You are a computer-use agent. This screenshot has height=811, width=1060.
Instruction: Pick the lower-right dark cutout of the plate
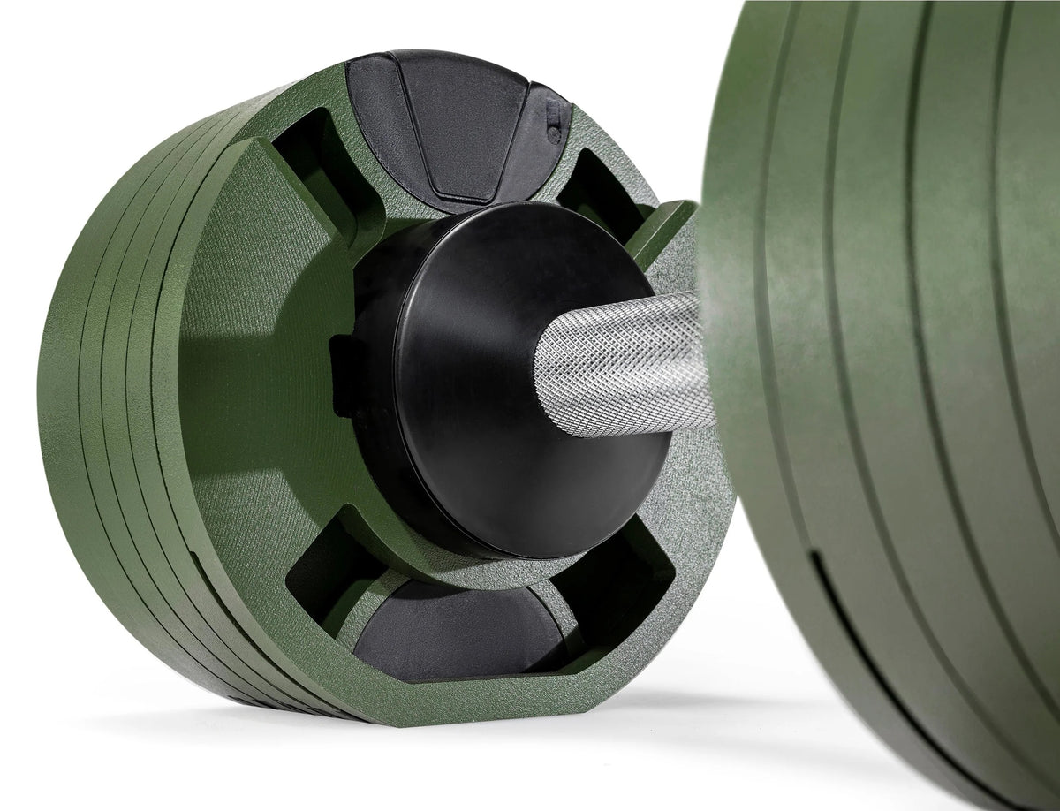pos(609,583)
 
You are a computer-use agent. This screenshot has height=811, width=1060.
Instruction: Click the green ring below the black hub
pos(459,570)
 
